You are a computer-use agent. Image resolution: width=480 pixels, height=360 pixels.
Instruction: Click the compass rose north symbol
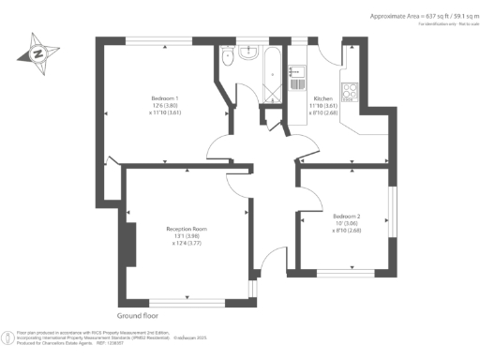[x=38, y=52]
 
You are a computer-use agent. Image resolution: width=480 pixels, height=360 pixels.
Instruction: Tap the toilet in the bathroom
[x=228, y=58]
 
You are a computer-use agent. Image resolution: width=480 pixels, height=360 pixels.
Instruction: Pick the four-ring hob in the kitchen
[x=350, y=91]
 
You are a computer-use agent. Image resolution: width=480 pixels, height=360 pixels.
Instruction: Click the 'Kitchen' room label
[x=323, y=98]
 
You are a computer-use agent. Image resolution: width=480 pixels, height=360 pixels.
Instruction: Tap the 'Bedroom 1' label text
[x=165, y=98]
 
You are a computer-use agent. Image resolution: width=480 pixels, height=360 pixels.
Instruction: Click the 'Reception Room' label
[x=187, y=229]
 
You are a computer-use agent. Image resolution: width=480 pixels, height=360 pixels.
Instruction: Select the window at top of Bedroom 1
[x=160, y=40]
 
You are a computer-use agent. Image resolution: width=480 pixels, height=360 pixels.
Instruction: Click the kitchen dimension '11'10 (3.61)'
[x=323, y=106]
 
